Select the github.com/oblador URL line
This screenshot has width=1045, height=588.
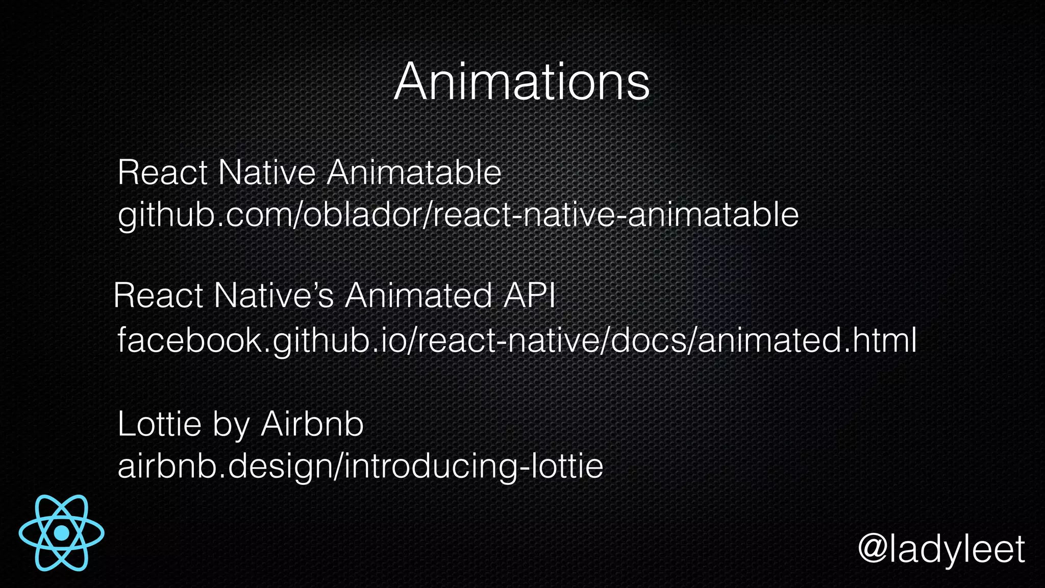coord(458,215)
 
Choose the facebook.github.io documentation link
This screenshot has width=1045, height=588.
coord(516,340)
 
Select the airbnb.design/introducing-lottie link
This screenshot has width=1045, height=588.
coord(360,466)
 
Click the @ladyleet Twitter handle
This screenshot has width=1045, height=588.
coord(941,549)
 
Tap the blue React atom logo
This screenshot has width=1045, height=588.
coord(62,532)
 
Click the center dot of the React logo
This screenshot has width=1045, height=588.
coord(62,533)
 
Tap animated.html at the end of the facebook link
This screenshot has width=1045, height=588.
coord(807,340)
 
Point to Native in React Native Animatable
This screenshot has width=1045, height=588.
coord(267,173)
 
